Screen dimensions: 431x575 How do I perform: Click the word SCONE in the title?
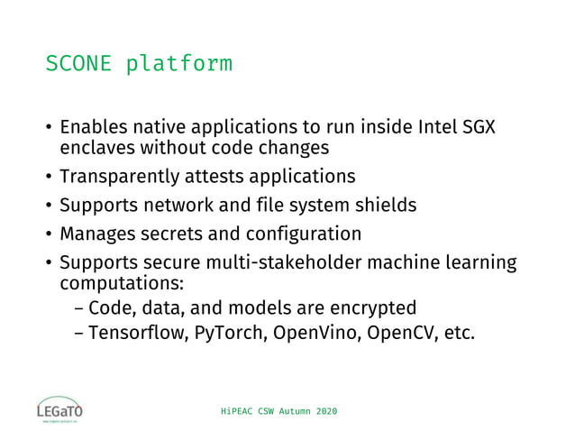[79, 65]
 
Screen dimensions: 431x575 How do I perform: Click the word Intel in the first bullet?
[439, 126]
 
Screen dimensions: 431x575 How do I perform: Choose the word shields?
[388, 205]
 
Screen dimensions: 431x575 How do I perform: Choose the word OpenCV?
[388, 333]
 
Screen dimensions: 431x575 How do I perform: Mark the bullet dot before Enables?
[49, 127]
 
